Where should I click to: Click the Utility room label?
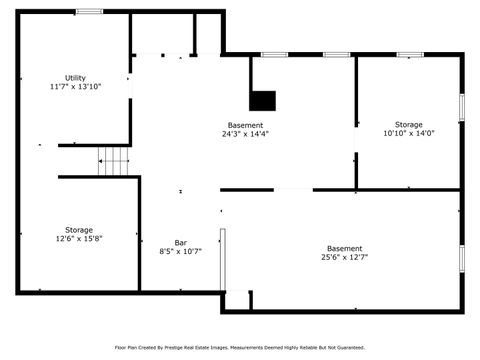75,77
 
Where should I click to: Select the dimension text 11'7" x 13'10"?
75,87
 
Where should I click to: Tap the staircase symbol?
114,159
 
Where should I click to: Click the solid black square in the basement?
262,100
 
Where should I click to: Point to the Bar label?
180,242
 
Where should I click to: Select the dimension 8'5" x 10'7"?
180,252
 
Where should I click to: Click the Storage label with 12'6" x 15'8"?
79,229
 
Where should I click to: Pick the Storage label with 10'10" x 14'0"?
408,124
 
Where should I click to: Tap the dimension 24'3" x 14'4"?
246,134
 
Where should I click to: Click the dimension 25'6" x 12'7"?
344,258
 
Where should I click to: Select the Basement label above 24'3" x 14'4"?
246,125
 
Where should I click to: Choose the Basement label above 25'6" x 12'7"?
344,248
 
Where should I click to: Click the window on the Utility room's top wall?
89,12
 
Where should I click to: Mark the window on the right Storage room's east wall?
461,107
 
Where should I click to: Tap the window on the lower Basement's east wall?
461,257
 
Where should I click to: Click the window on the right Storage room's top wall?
409,54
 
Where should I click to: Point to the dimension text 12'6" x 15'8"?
79,239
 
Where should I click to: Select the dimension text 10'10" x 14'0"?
408,134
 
